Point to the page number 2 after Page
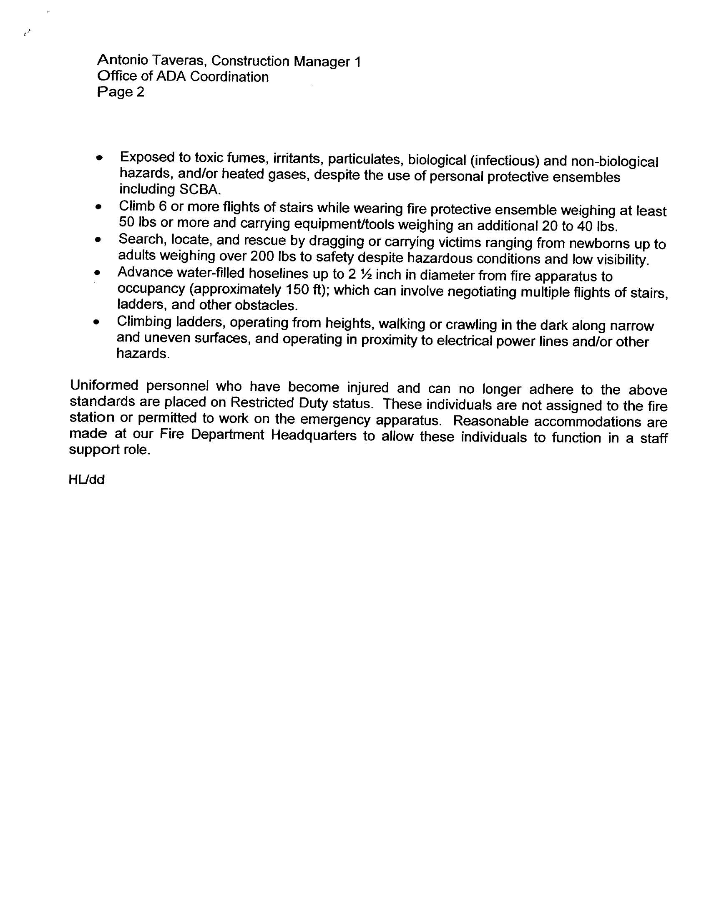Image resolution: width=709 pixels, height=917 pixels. [140, 92]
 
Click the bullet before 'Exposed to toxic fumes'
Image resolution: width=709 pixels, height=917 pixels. [99, 158]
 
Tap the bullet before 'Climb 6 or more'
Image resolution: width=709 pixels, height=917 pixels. [99, 207]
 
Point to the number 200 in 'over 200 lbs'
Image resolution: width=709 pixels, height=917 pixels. [261, 256]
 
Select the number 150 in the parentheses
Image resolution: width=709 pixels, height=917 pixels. [297, 290]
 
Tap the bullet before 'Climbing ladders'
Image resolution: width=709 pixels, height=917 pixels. [97, 322]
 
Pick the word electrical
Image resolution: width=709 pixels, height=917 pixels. [464, 341]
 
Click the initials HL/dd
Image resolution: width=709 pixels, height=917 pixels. [86, 480]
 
